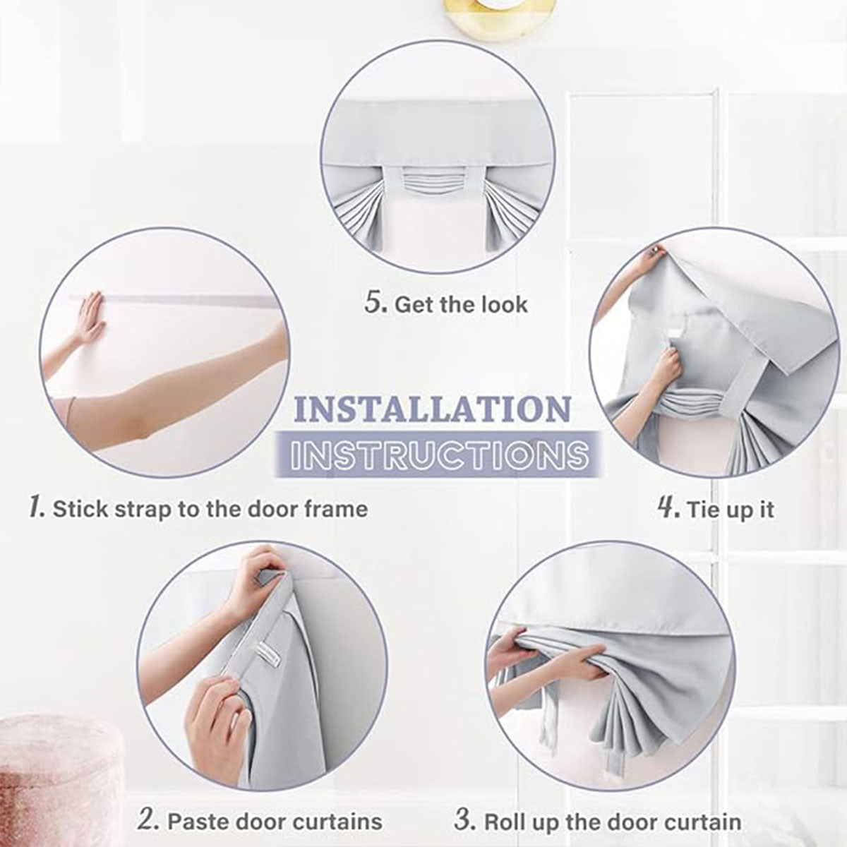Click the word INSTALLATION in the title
(432, 409)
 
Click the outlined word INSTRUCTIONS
(439, 454)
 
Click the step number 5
(376, 304)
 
